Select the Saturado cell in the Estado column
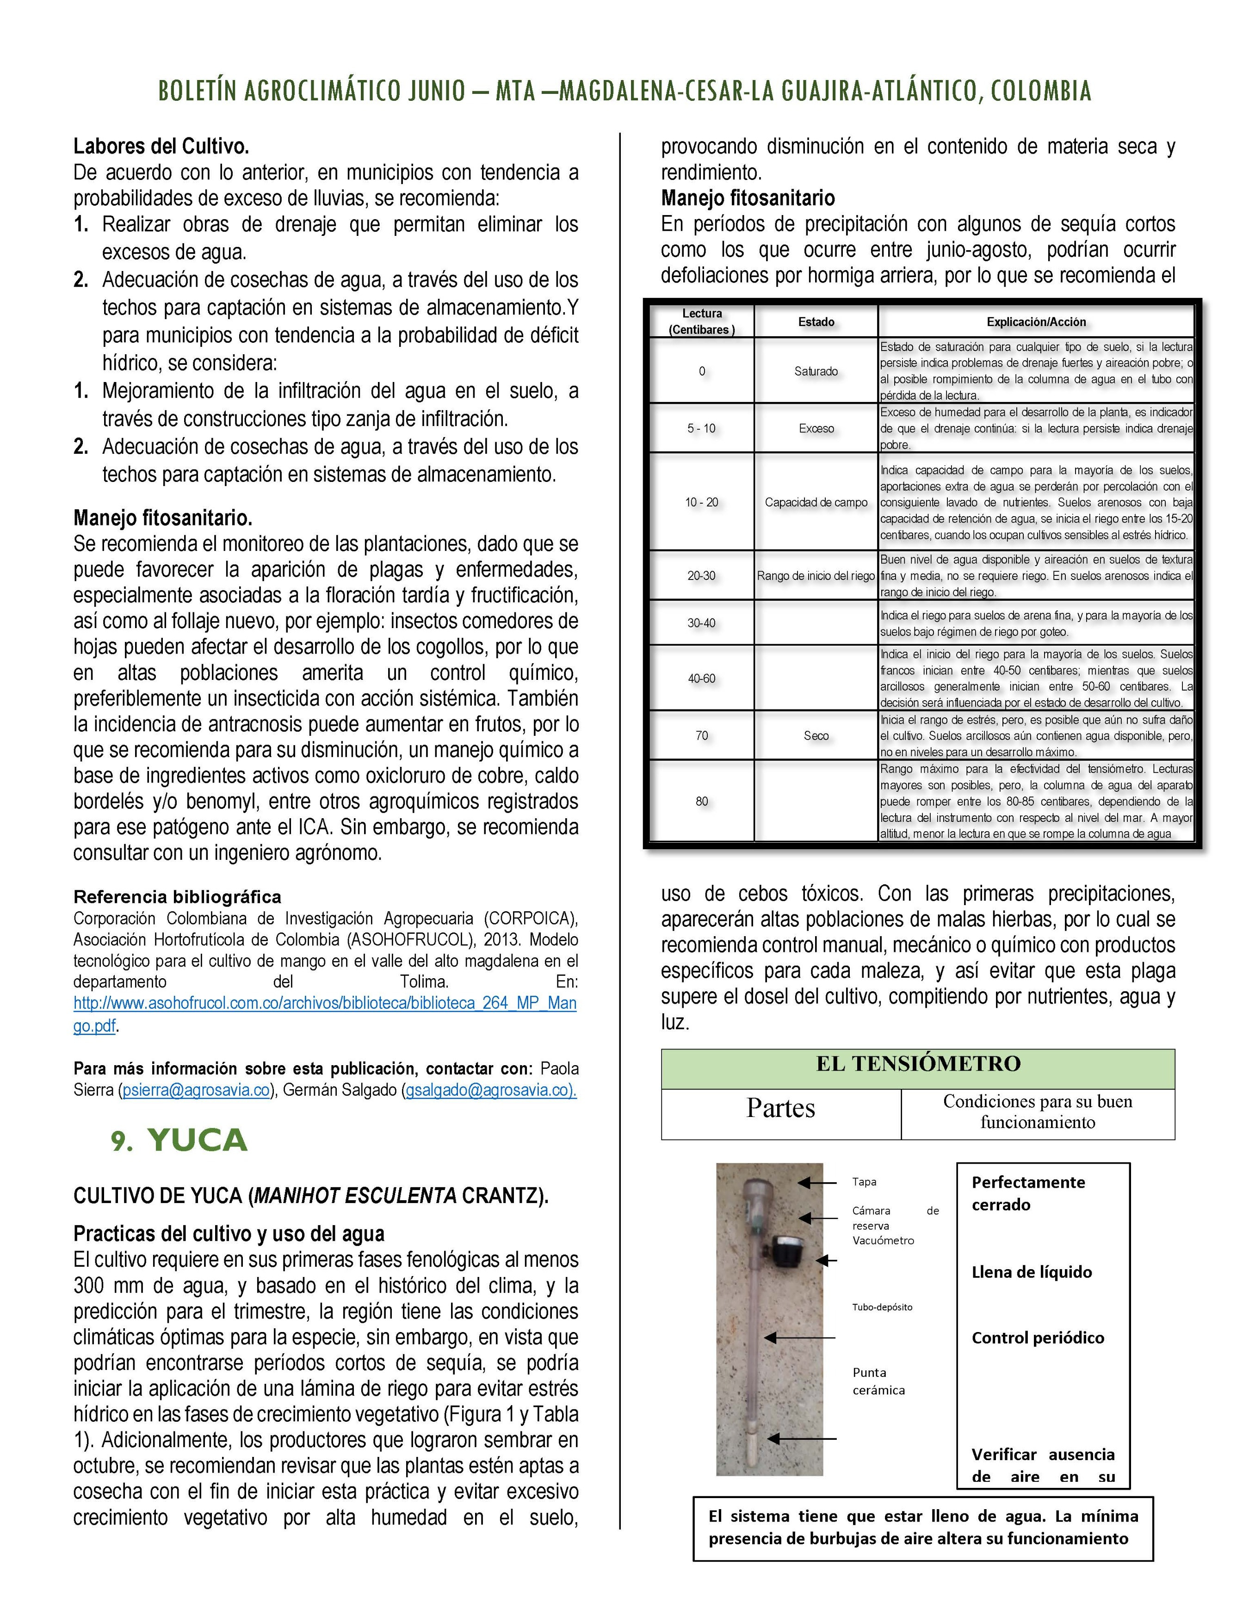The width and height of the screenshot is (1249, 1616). [816, 371]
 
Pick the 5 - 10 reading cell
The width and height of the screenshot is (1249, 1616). [701, 428]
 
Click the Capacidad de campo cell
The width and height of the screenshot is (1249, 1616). [816, 502]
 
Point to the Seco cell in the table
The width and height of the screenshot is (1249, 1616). [816, 735]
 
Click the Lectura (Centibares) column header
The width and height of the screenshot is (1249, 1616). [701, 322]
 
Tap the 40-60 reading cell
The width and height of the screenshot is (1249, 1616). [701, 678]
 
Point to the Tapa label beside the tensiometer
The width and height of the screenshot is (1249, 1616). [864, 1182]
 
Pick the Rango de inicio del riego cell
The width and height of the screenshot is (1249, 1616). [816, 576]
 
